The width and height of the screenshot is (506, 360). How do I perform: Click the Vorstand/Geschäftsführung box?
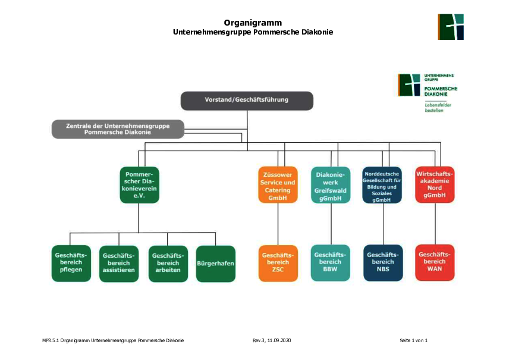(247, 101)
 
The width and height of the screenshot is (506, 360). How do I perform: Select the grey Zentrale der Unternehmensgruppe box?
(118, 129)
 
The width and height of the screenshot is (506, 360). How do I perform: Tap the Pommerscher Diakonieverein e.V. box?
(139, 185)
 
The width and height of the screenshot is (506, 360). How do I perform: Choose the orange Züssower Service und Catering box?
(278, 184)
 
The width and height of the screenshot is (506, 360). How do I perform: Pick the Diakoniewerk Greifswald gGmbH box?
(331, 185)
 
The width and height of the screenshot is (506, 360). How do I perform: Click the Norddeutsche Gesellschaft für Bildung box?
(382, 185)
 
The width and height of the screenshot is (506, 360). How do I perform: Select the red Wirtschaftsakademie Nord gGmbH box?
(435, 184)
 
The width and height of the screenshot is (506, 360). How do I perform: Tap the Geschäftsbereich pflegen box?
(71, 264)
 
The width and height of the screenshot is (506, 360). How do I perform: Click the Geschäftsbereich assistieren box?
(119, 264)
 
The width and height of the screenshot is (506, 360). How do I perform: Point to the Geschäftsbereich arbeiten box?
(168, 264)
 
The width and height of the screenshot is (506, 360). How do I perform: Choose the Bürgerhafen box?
(216, 264)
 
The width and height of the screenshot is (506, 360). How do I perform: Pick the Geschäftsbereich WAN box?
(435, 262)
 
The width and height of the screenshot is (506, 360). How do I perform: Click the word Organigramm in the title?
(253, 23)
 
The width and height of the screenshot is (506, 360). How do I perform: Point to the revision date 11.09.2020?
(279, 340)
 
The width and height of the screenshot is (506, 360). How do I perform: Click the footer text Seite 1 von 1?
(413, 340)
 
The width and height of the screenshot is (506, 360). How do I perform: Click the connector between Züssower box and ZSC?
(278, 224)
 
